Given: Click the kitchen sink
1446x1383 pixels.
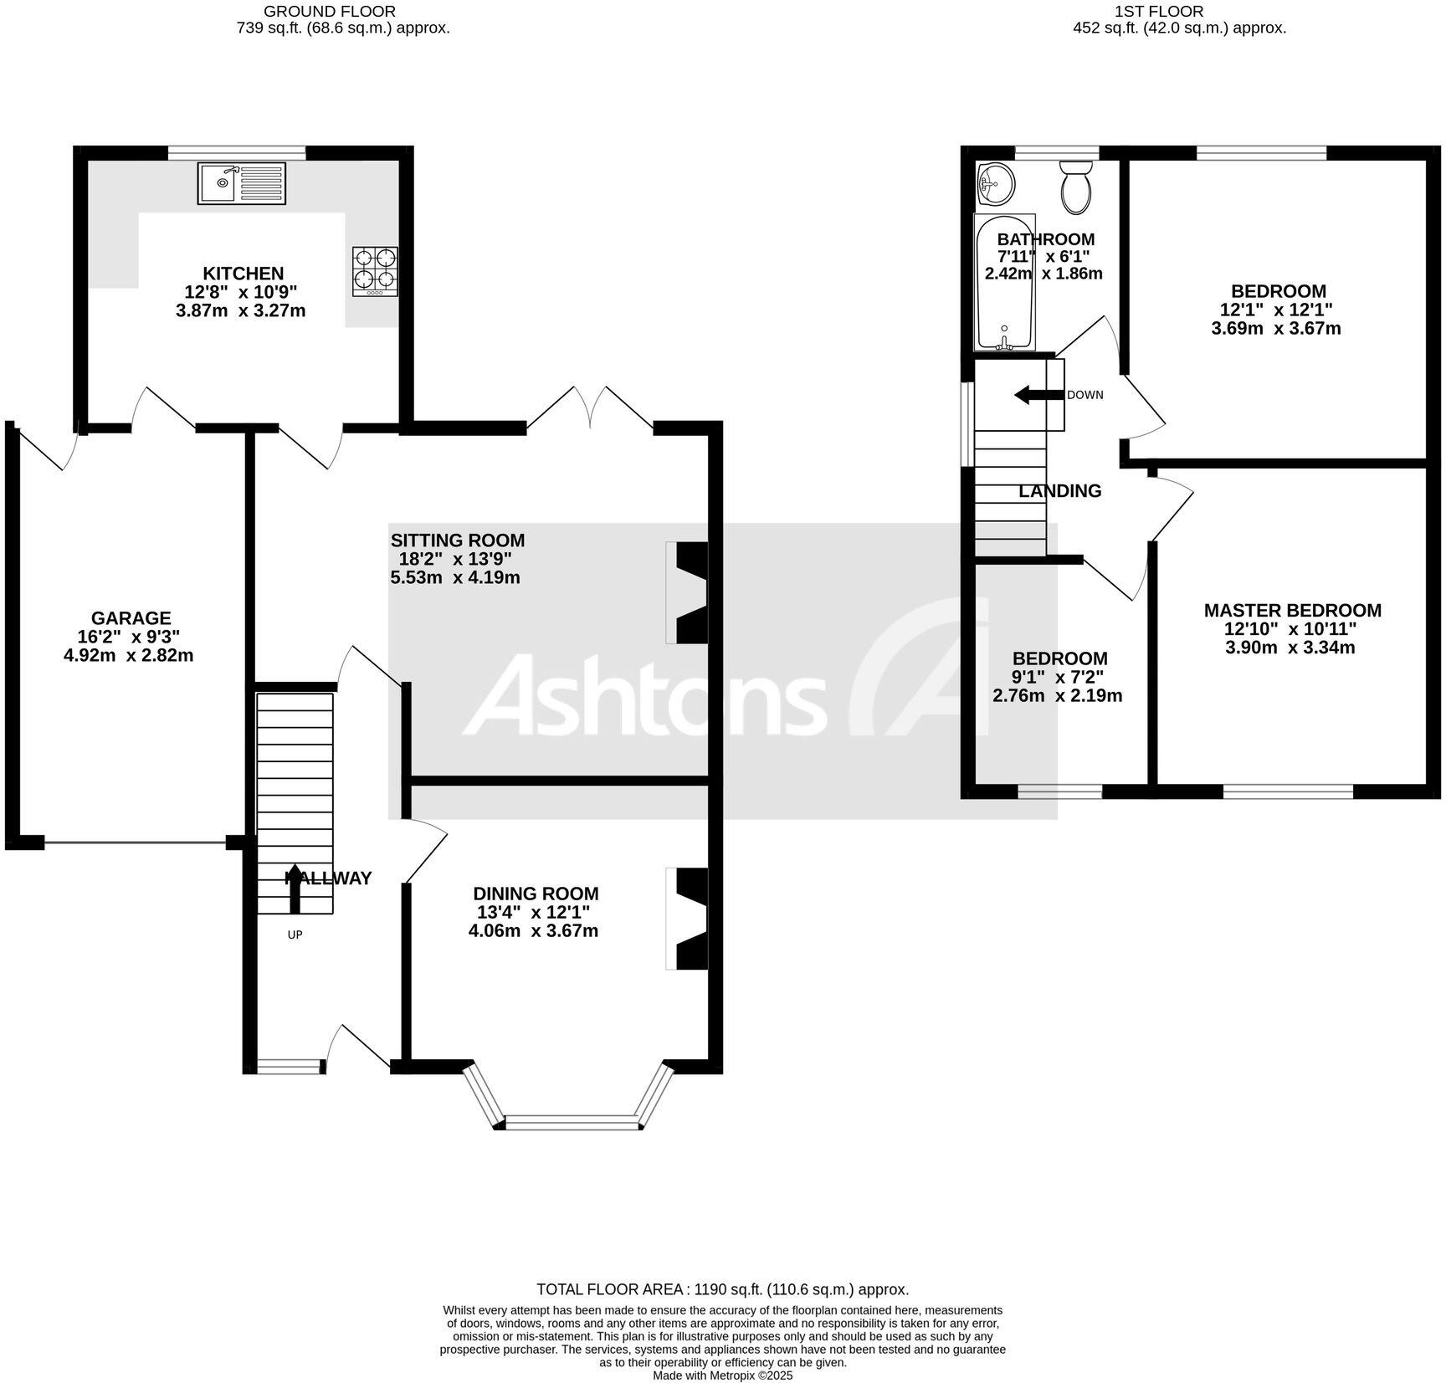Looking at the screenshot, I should [x=242, y=183].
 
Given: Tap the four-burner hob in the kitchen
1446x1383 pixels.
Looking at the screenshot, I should [x=375, y=270].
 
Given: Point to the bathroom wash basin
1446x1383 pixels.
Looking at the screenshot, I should [x=995, y=183].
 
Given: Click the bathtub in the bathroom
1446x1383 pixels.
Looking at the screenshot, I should [x=1004, y=282].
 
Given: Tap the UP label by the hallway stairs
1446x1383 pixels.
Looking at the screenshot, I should [x=295, y=935].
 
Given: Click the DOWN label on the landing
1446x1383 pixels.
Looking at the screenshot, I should [x=1085, y=395].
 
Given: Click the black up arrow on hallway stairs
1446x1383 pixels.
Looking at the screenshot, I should [x=295, y=888].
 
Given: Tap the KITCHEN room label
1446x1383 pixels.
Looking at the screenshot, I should [x=244, y=274].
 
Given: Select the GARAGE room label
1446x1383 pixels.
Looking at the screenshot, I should [x=131, y=618].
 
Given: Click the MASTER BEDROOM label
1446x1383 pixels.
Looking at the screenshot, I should [x=1292, y=611].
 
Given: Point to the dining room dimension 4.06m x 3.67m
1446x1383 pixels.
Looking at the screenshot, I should [x=533, y=930].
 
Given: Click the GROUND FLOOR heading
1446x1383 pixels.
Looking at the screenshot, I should [x=330, y=12].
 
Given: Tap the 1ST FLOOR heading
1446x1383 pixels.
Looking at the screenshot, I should [x=1159, y=12].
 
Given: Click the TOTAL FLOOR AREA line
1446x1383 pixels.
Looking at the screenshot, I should [x=722, y=1289].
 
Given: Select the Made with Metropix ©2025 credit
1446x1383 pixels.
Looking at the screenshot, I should [x=722, y=1375].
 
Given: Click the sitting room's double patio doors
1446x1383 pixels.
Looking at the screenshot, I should [x=590, y=410].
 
